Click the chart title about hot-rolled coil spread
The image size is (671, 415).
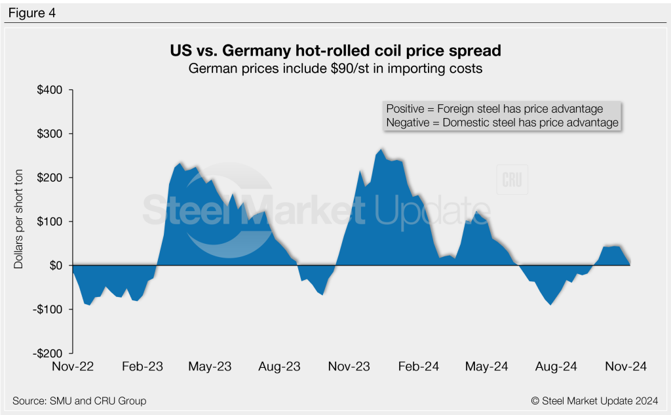335,50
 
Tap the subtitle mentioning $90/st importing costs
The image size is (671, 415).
335,68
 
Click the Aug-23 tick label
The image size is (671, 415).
279,367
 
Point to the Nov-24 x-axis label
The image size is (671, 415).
626,367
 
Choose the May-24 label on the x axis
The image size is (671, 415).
487,367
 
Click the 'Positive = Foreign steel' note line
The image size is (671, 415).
495,109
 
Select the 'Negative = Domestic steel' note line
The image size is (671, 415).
502,123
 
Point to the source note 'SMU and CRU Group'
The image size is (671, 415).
79,401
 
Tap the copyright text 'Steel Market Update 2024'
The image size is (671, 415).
594,401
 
